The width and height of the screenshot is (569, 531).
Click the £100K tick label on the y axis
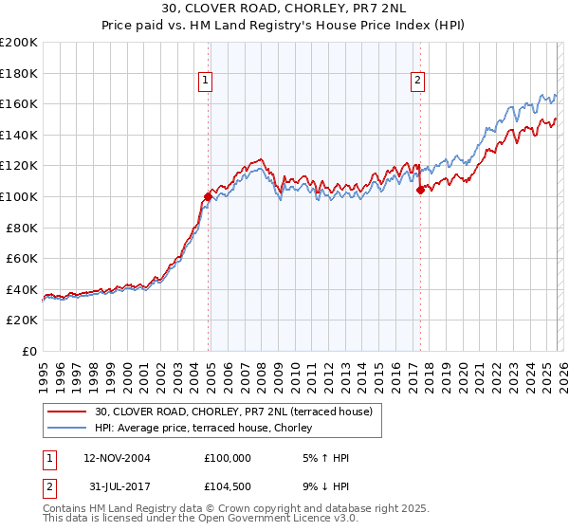point(18,196)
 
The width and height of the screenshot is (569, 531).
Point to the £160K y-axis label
point(18,103)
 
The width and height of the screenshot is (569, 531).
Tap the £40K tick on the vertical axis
point(22,289)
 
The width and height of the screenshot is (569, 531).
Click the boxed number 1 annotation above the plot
point(205,82)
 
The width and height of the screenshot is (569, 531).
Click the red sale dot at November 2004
point(208,196)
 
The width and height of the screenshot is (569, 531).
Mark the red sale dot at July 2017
point(420,190)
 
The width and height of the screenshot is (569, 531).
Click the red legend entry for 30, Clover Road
point(237,411)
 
